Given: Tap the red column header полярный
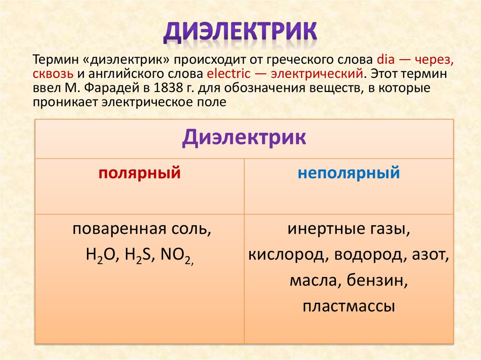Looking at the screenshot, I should [140, 173].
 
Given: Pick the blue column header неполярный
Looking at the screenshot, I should [349, 173].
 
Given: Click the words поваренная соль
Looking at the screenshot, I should [139, 230].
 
